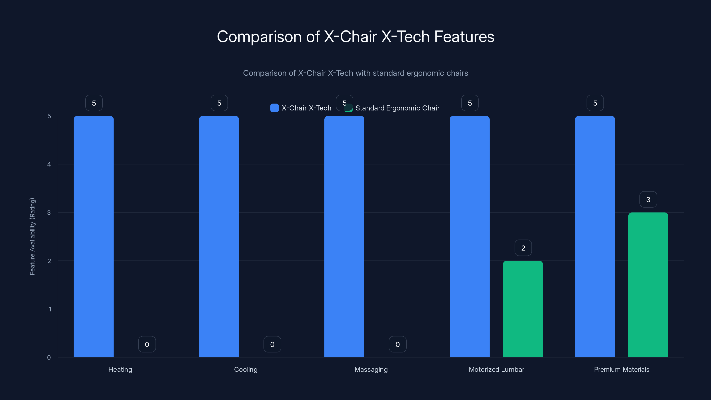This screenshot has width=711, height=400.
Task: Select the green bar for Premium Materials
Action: point(648,285)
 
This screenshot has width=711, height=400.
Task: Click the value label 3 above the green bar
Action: point(648,199)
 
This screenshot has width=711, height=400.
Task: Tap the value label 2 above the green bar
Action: point(523,248)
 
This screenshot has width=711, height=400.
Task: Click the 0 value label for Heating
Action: point(147,344)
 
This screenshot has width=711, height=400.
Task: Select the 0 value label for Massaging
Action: point(397,344)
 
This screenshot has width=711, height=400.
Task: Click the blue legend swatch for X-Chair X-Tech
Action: point(274,108)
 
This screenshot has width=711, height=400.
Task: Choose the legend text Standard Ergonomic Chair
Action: point(397,108)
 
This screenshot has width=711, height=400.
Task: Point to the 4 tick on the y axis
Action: point(49,164)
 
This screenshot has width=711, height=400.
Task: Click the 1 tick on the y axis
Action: point(50,309)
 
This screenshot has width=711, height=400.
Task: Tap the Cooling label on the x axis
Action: point(246,369)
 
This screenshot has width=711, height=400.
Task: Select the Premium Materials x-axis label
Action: point(622,369)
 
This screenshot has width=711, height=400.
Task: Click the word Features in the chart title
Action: point(464,37)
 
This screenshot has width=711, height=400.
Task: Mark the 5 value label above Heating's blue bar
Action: point(94,103)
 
